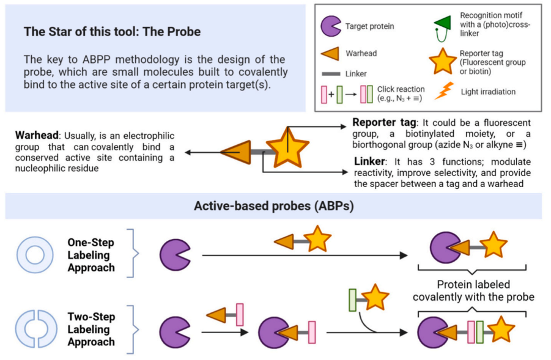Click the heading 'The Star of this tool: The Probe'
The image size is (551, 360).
tap(112, 32)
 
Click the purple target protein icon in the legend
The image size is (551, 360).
tap(331, 26)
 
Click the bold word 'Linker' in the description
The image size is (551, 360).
tap(371, 161)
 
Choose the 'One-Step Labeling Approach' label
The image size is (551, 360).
tap(91, 255)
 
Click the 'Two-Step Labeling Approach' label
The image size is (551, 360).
tap(91, 329)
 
